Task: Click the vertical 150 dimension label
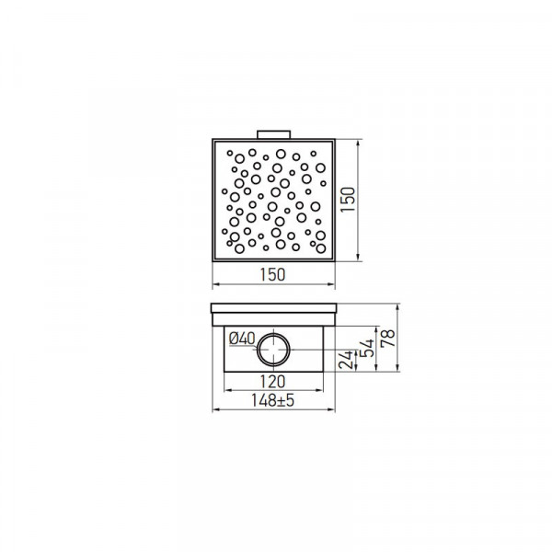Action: click(x=348, y=200)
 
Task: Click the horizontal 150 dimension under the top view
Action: click(x=272, y=275)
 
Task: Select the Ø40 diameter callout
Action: click(x=242, y=339)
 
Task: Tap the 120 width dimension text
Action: click(x=272, y=382)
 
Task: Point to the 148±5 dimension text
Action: click(x=272, y=400)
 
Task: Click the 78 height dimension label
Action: click(x=388, y=338)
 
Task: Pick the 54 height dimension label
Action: click(x=368, y=348)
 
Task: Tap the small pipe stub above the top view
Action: click(x=273, y=134)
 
